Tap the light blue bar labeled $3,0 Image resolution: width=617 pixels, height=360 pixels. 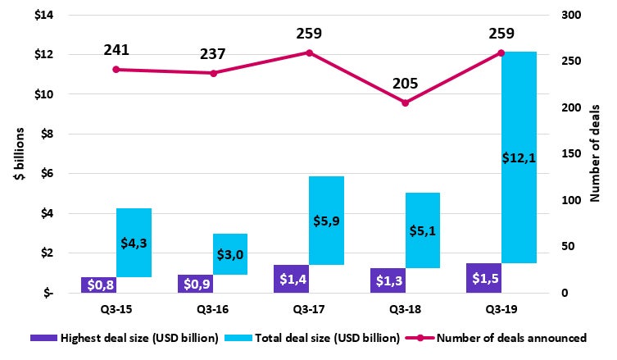click(x=230, y=254)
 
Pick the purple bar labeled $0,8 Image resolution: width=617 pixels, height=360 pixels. click(x=98, y=285)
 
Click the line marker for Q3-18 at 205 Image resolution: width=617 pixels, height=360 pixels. click(x=405, y=103)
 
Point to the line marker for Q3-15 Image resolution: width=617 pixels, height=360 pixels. click(x=116, y=70)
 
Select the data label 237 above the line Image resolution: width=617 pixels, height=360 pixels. click(x=213, y=54)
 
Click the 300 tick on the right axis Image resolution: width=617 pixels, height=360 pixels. click(x=570, y=16)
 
